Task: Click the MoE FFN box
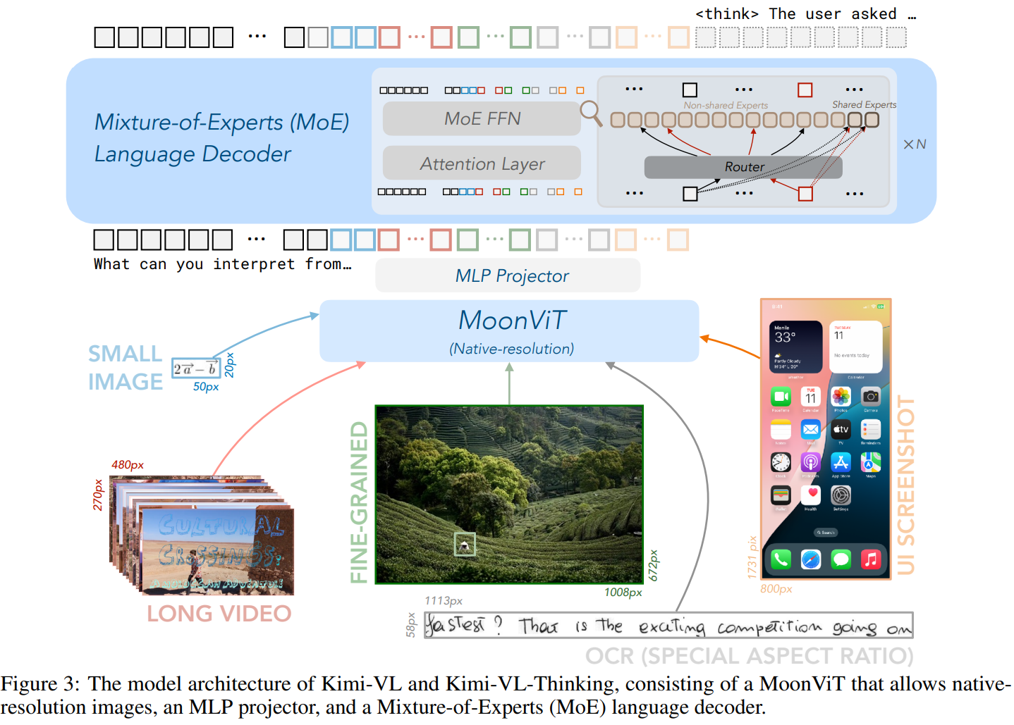(x=482, y=118)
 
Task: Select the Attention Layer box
(x=482, y=163)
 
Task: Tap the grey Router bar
(x=743, y=167)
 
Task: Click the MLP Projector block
(x=508, y=275)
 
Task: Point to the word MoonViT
(x=512, y=321)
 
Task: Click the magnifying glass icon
(x=590, y=112)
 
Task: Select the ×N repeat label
(x=915, y=144)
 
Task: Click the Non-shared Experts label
(x=725, y=105)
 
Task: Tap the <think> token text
(x=727, y=14)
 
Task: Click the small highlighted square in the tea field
(x=464, y=544)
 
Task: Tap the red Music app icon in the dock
(x=871, y=559)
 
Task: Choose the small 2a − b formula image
(x=196, y=368)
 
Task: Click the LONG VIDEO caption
(x=219, y=614)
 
